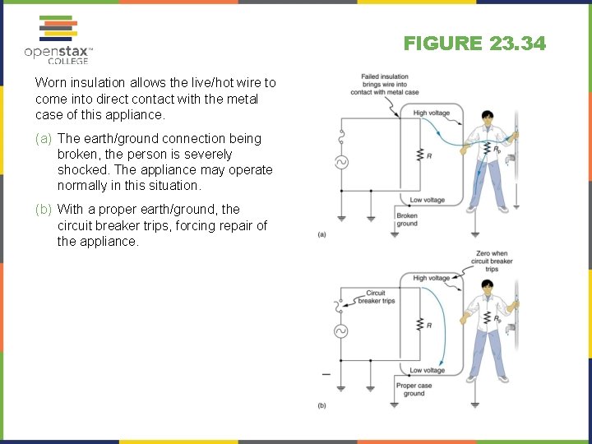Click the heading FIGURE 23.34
pyautogui.click(x=474, y=44)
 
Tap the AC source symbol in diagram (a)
pyautogui.click(x=339, y=162)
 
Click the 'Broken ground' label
pyautogui.click(x=407, y=220)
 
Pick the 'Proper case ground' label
pyautogui.click(x=414, y=390)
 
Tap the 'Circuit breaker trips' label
pyautogui.click(x=376, y=297)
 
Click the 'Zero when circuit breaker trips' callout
pyautogui.click(x=492, y=261)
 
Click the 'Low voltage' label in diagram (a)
pyautogui.click(x=427, y=201)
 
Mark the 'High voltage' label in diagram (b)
pyautogui.click(x=431, y=279)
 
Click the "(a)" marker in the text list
pyautogui.click(x=44, y=139)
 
